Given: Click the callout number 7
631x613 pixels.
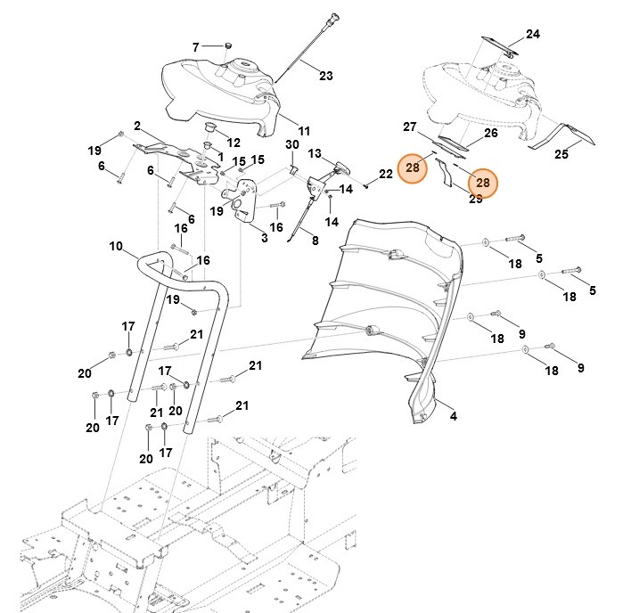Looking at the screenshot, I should tap(197, 46).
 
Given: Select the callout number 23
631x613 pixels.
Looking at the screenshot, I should tap(325, 76).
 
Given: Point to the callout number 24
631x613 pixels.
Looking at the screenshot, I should tap(532, 35).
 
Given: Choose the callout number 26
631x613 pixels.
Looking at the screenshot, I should tap(490, 134).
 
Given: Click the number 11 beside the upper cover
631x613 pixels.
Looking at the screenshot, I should tap(304, 130).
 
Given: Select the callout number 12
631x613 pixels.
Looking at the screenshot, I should tap(234, 142).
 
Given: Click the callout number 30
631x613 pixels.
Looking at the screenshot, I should tap(291, 144).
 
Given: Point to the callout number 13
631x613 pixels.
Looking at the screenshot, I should tap(314, 154).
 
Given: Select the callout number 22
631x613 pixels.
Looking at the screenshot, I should tap(385, 174).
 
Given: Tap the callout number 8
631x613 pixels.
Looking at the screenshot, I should tap(314, 240).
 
